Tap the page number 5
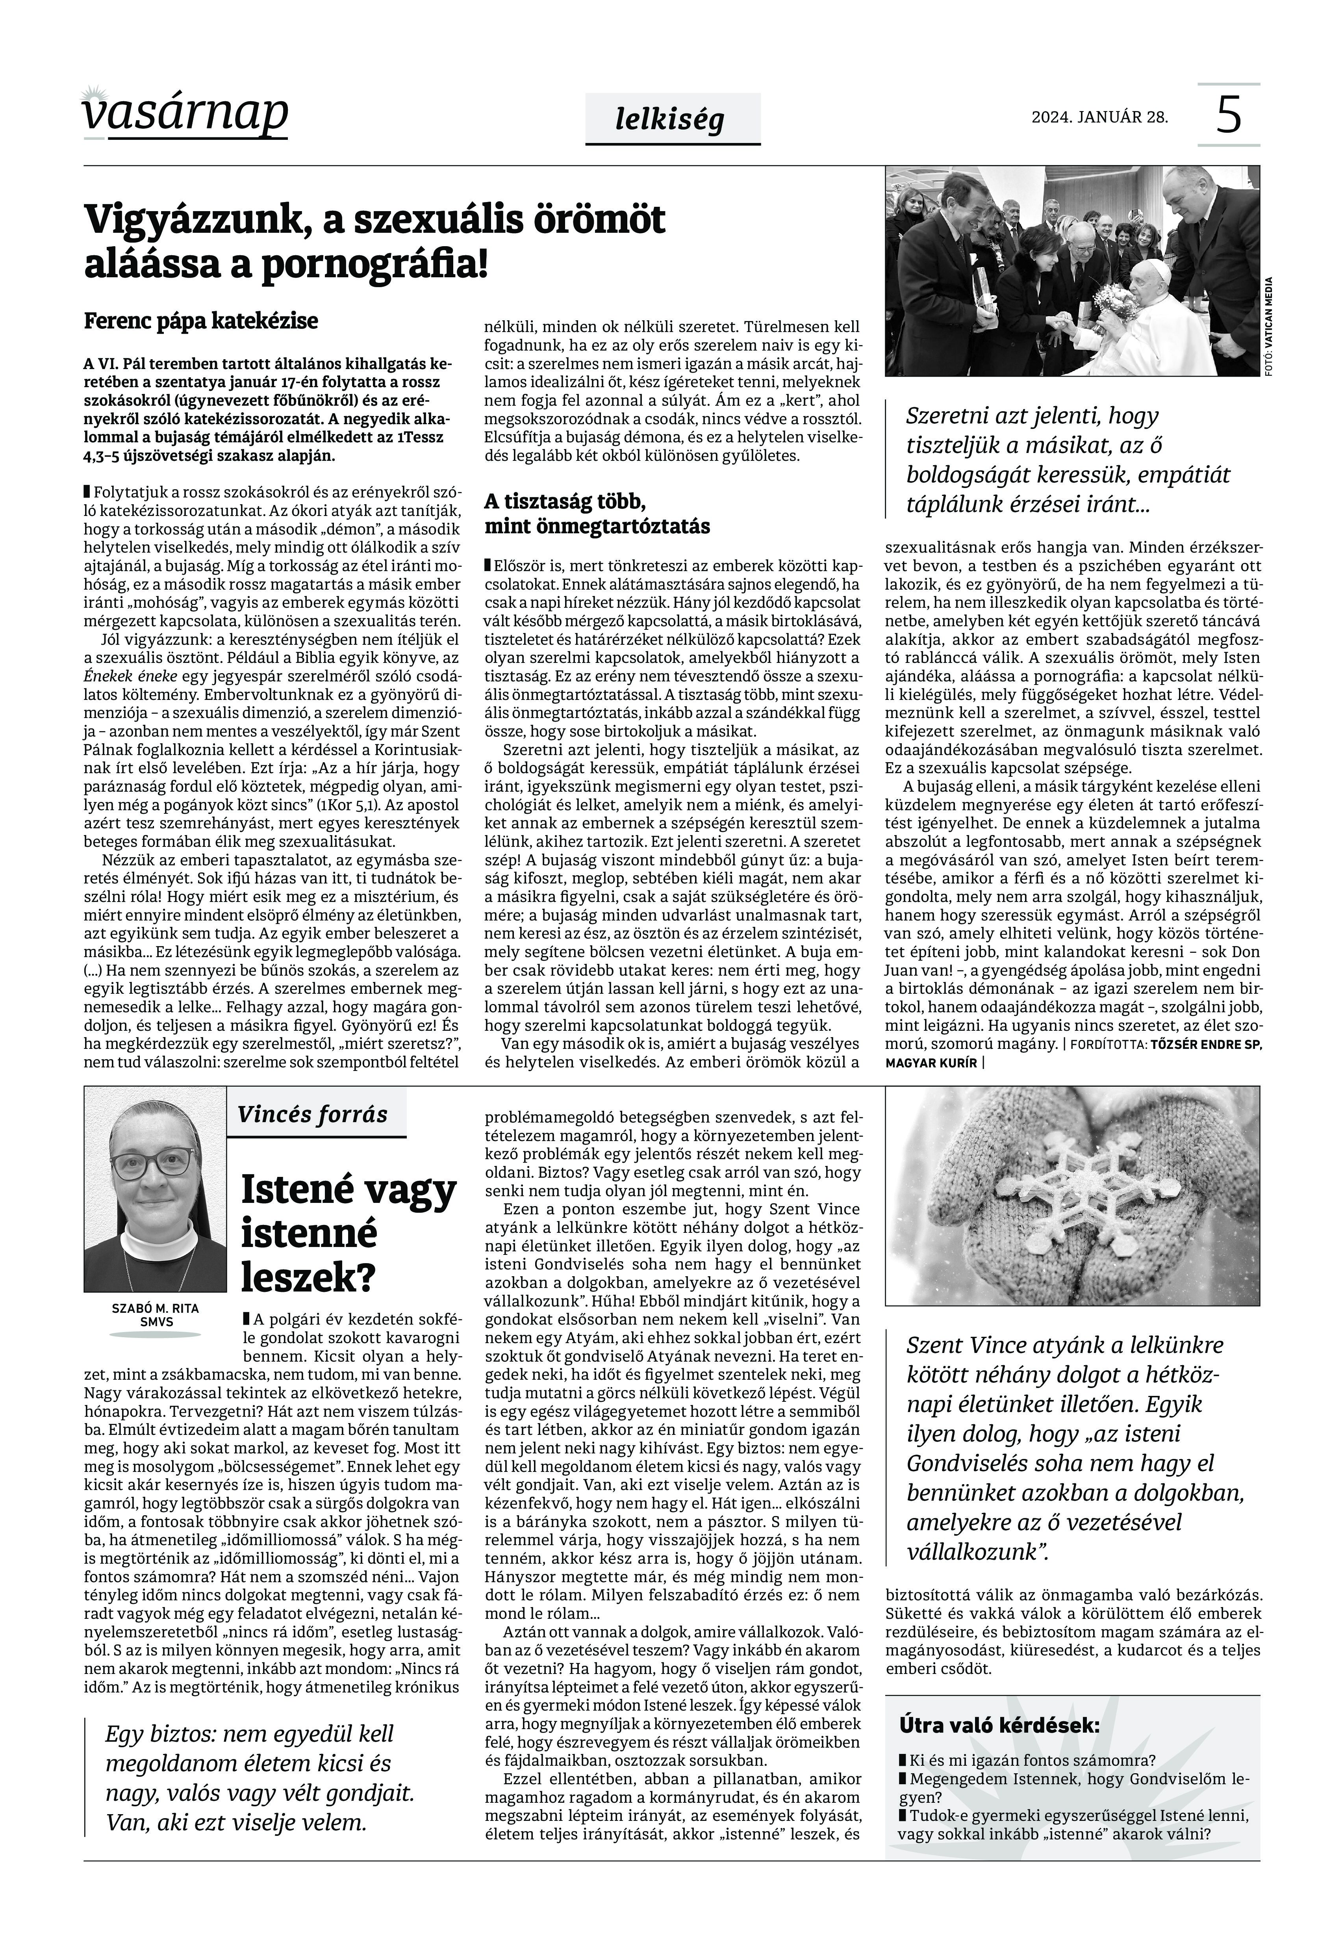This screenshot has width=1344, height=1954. pos(1229,115)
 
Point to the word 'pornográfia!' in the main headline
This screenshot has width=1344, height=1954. pos(375,264)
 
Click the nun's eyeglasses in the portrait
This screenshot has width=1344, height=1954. pos(154,1165)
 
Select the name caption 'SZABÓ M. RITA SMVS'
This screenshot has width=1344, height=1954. pos(155,1316)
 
